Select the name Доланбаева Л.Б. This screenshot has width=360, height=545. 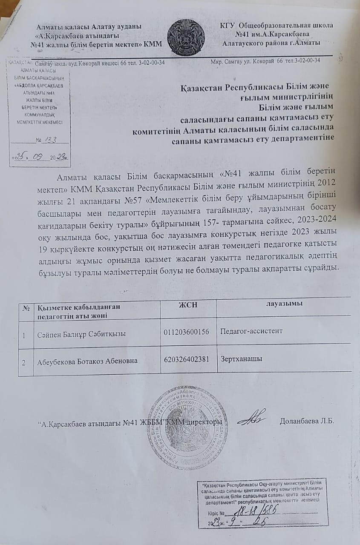(x=307, y=422)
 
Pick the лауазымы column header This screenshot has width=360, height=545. (x=284, y=304)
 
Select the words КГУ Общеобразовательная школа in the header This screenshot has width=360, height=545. (x=276, y=26)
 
